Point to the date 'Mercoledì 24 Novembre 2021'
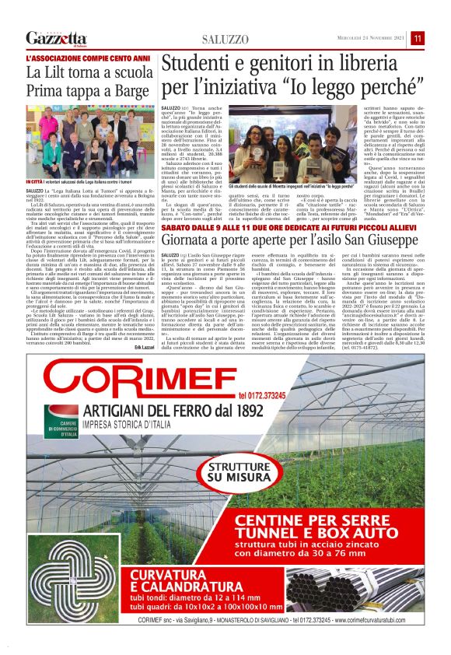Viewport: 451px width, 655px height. coord(365,39)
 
